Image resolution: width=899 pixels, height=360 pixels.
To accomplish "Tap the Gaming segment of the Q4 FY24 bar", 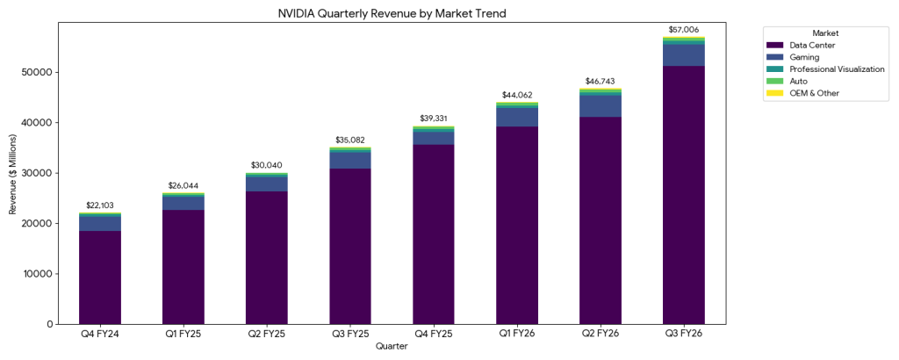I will (100, 223).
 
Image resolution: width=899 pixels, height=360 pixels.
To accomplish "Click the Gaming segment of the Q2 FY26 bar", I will (601, 105).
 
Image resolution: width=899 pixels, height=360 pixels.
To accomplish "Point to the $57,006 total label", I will (684, 30).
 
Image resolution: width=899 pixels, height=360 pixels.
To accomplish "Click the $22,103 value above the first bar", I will (100, 205).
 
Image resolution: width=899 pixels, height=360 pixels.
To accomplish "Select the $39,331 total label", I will (434, 118).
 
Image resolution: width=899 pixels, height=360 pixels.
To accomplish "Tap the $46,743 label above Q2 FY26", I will (601, 81).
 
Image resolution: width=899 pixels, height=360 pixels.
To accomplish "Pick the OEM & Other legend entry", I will (814, 92).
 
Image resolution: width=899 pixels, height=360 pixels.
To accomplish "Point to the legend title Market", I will (824, 32).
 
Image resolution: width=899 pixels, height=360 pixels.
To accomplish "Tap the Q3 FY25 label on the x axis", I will (350, 335).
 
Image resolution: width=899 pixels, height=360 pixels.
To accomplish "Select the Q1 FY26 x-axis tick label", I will (517, 335).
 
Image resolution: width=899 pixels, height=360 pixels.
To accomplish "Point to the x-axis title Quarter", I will (392, 347).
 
